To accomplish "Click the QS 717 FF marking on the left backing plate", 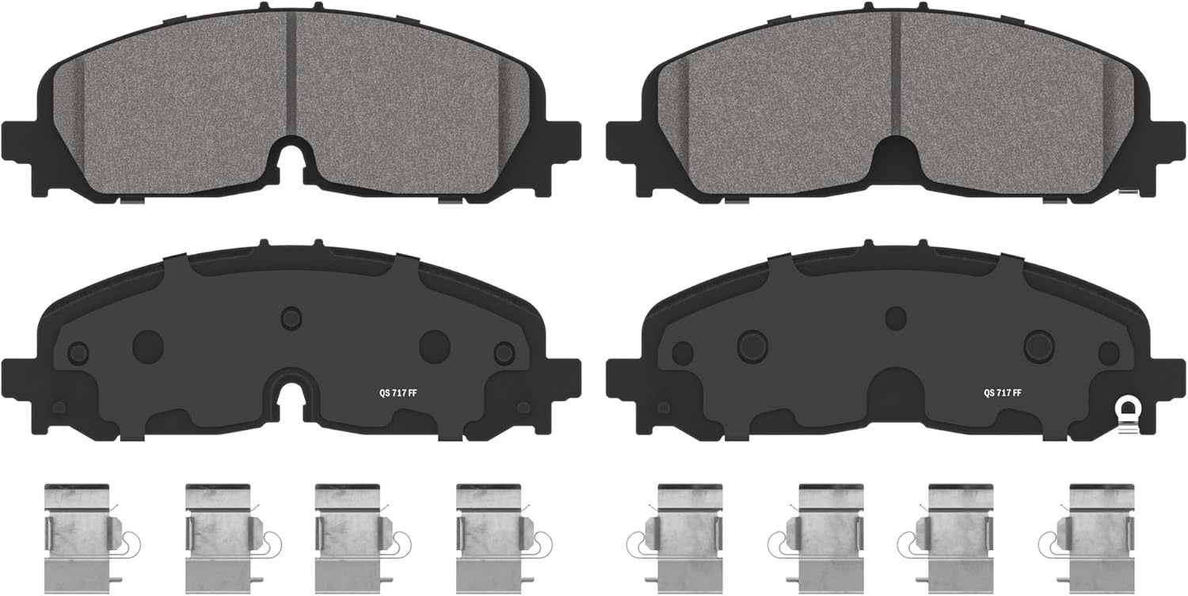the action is click(398, 393).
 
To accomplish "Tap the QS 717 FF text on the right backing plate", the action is click(1003, 393).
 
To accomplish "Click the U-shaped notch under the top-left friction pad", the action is click(291, 158).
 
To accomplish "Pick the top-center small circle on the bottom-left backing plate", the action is click(291, 318).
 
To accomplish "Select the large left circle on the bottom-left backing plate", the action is click(148, 347).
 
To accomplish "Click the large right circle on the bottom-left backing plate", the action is click(435, 347).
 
